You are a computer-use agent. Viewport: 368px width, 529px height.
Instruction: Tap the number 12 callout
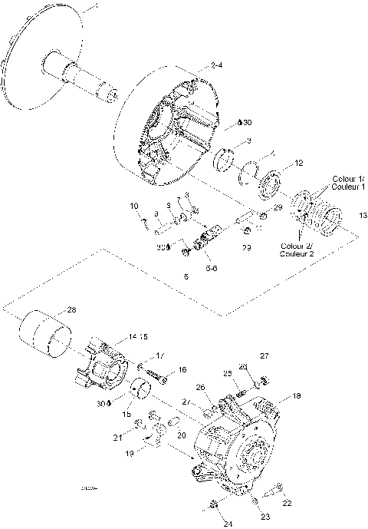tap(299, 163)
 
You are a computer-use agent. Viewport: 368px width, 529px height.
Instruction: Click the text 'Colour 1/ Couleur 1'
tap(349, 183)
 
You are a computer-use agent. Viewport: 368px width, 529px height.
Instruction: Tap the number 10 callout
tap(133, 206)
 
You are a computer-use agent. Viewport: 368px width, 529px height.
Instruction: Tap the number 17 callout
tap(161, 355)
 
